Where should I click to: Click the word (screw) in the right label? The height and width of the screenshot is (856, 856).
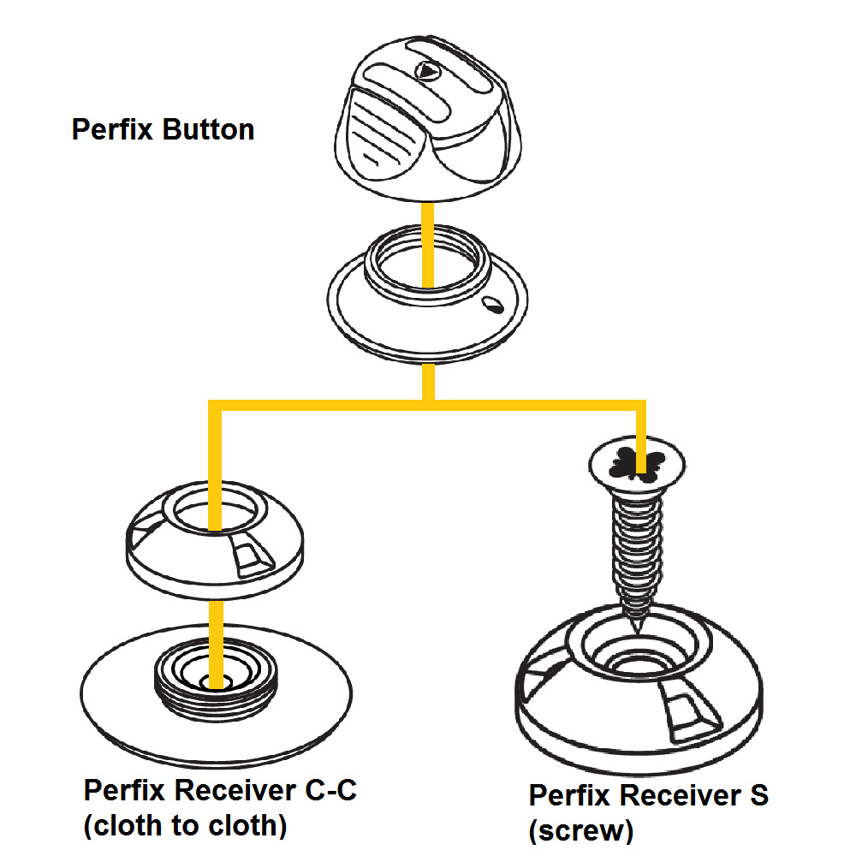pos(581,829)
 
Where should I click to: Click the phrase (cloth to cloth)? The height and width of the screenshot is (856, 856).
pos(185,826)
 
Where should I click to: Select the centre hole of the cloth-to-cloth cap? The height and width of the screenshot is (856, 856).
pos(214,511)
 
